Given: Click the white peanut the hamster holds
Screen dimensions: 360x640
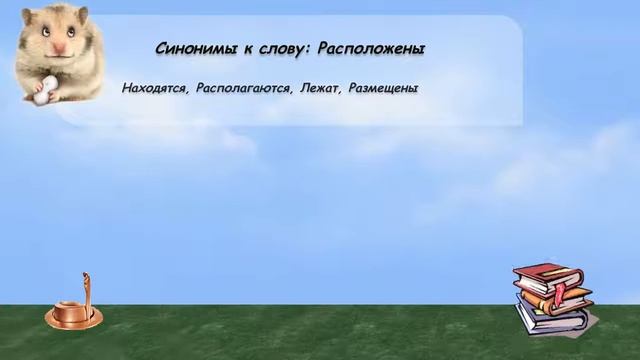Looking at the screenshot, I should pos(41,91).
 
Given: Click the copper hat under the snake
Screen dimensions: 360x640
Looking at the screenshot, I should pos(71,316).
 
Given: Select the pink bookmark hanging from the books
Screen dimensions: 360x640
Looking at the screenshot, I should pos(561,294).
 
